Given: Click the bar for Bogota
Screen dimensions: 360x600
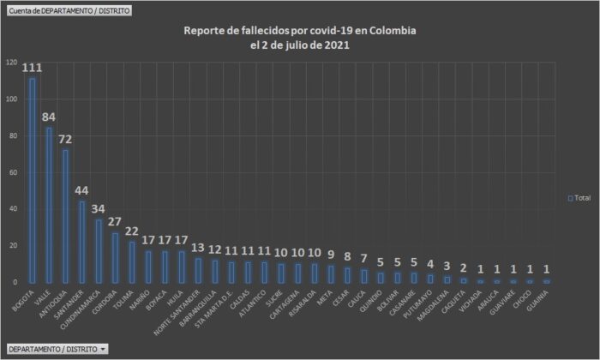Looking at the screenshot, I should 33,180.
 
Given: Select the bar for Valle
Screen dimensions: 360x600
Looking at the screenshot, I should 49,205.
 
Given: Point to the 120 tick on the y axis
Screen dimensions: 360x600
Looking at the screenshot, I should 10,63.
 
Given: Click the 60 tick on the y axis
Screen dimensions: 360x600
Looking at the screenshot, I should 12,172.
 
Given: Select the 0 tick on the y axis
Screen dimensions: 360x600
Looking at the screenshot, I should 15,282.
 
